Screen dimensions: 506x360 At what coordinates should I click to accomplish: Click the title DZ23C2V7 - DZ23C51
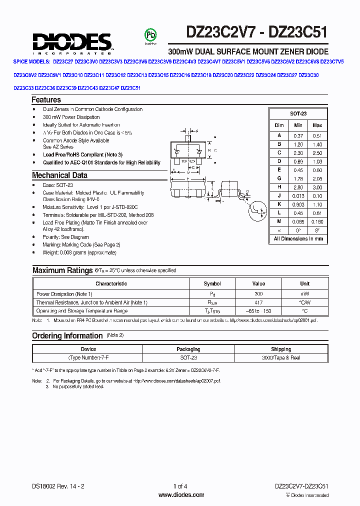click(256, 32)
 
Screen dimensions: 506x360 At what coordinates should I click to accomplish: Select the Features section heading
click(46, 100)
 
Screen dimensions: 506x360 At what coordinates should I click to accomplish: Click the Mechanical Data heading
click(59, 175)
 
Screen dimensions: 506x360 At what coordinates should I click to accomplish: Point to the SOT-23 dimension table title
click(298, 114)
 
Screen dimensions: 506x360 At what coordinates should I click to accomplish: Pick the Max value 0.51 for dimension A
click(317, 136)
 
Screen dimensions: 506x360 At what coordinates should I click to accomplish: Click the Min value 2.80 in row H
click(298, 186)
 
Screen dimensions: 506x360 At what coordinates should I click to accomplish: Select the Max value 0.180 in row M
click(317, 221)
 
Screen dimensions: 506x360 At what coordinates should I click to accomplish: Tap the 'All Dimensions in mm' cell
click(298, 239)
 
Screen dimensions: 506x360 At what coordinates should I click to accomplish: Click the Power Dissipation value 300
click(258, 294)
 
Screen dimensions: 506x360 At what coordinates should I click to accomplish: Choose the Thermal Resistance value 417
click(258, 302)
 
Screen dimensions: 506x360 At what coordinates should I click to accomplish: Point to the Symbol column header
click(212, 283)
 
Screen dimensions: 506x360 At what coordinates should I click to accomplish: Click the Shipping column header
click(281, 349)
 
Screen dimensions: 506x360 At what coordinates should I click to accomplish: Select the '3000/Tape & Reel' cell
click(281, 357)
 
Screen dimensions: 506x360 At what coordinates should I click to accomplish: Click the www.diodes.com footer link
click(181, 495)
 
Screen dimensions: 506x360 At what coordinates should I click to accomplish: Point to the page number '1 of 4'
click(180, 486)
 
